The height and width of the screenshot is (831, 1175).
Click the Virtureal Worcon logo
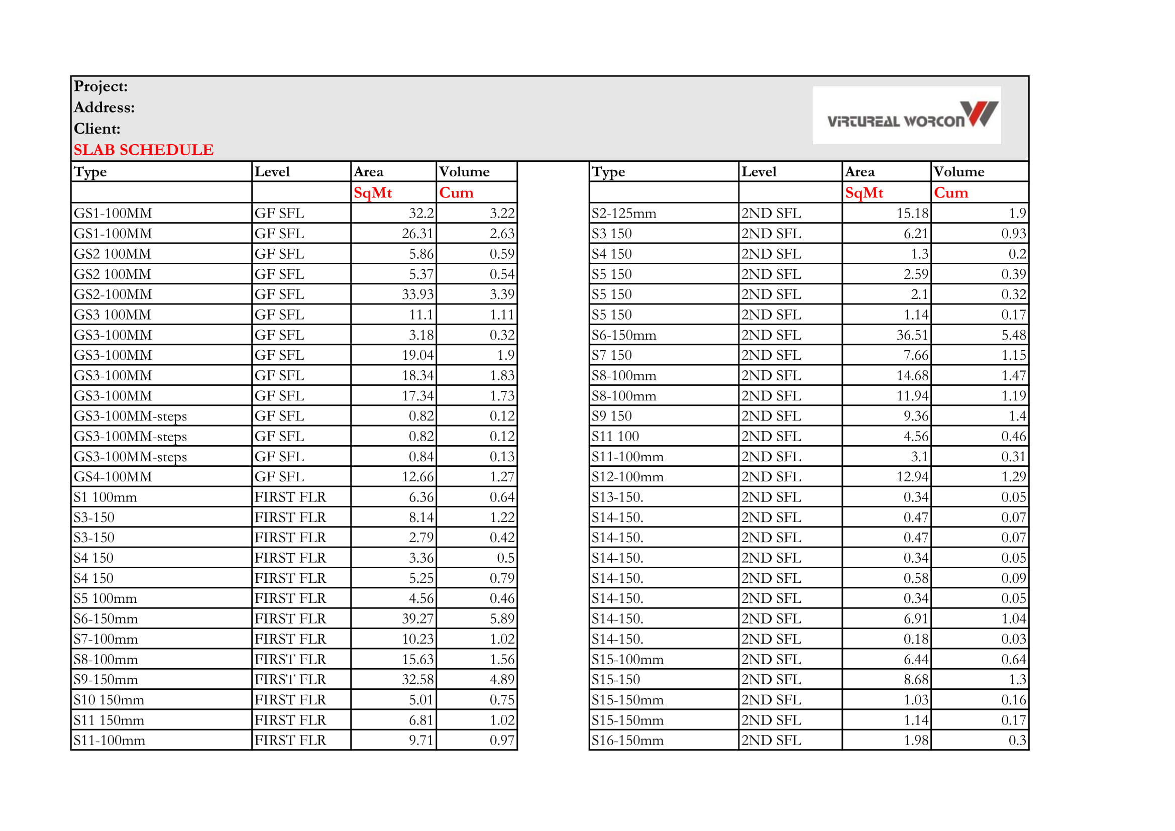pos(907,115)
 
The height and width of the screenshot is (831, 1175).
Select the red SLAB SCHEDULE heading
pos(143,150)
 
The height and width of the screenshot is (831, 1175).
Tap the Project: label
pos(101,86)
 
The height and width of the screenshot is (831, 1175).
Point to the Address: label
pos(104,108)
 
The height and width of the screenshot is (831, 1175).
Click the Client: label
pos(97,129)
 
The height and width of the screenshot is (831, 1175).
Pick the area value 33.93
pos(417,295)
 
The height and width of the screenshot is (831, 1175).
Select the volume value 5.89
pos(501,619)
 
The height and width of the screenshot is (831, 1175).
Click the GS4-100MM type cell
pos(113,477)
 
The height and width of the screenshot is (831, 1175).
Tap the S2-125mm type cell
pos(624,214)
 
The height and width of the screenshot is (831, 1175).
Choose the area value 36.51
pos(912,335)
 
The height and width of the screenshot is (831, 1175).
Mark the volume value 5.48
pos(1013,335)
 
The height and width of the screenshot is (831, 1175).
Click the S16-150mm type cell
pos(627,741)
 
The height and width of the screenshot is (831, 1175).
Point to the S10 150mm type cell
pos(109,700)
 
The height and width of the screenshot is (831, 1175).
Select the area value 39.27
pos(417,619)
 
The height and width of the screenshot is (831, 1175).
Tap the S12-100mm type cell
pos(627,477)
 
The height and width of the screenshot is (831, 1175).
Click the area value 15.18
pos(912,214)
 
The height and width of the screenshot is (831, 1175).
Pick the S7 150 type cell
pos(611,355)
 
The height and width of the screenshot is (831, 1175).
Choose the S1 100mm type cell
pos(105,497)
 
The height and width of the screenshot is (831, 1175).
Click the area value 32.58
pos(417,680)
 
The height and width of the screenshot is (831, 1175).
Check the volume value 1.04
pos(1013,619)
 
